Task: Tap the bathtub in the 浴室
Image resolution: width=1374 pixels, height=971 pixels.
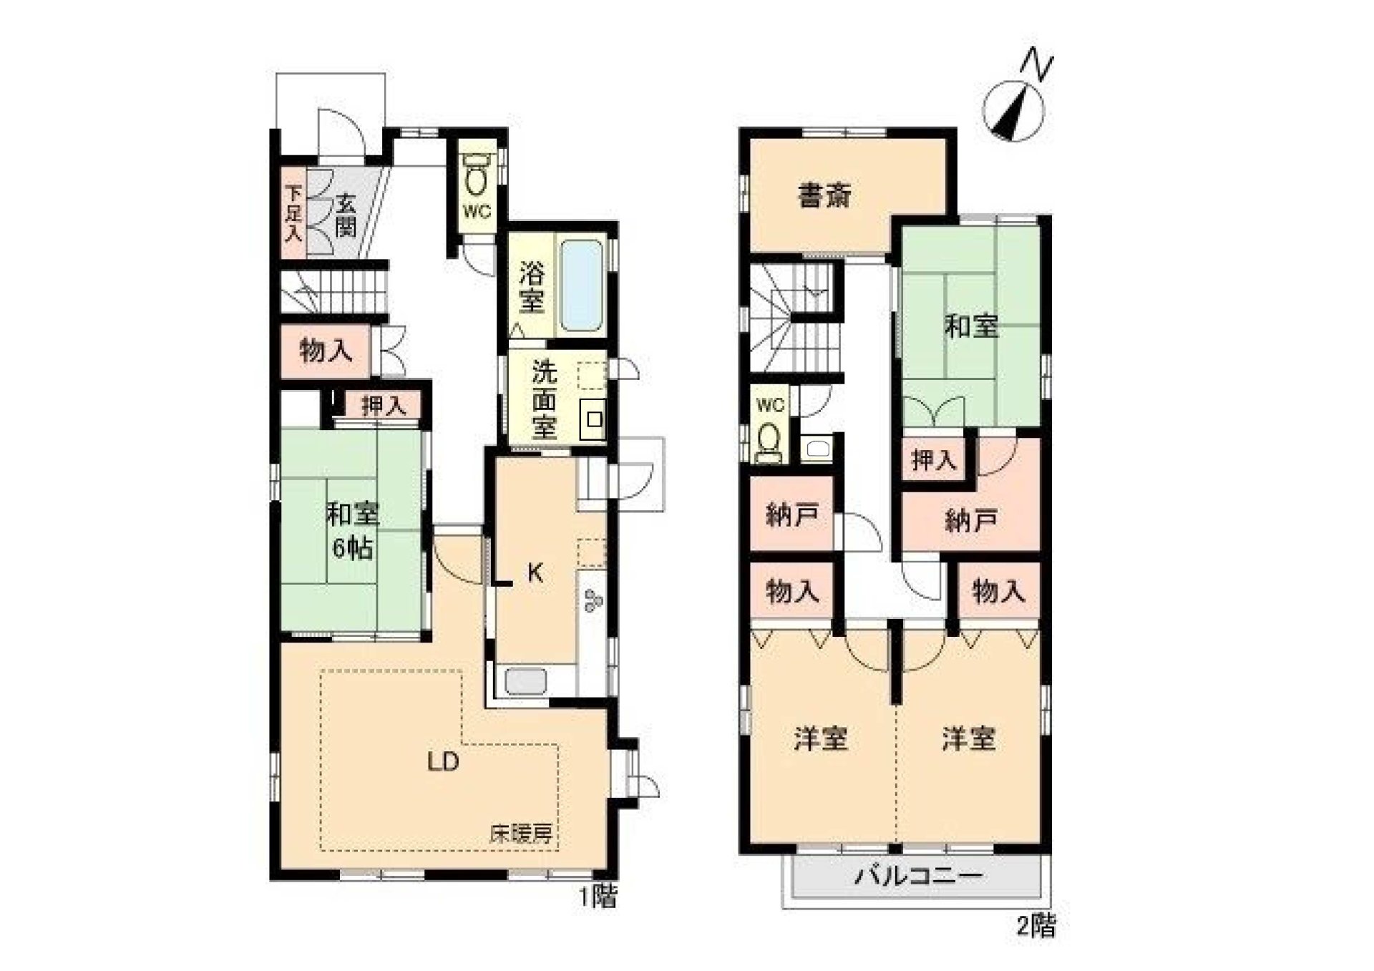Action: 581,286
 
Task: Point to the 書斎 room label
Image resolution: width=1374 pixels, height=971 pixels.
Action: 824,195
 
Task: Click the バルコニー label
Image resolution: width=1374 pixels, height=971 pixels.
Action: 919,875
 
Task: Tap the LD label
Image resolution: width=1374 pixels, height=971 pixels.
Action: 443,762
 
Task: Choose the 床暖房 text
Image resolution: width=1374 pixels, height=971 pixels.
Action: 520,834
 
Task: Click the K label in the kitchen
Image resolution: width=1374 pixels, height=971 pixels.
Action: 535,572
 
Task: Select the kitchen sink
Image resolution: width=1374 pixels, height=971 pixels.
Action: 525,680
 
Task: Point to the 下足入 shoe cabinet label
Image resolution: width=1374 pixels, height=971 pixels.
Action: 293,213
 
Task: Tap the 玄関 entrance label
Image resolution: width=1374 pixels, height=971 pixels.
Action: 346,215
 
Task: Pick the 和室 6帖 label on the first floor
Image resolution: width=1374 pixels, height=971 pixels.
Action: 352,530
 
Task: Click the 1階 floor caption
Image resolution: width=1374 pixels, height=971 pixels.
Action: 598,897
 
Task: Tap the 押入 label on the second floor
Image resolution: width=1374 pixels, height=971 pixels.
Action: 933,460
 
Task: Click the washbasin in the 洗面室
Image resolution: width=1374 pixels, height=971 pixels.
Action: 594,420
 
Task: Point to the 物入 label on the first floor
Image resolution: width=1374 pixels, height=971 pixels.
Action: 326,351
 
